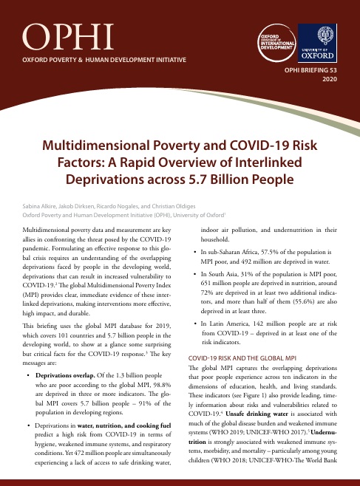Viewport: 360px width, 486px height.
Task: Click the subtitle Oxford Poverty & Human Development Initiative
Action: [x=105, y=58]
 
